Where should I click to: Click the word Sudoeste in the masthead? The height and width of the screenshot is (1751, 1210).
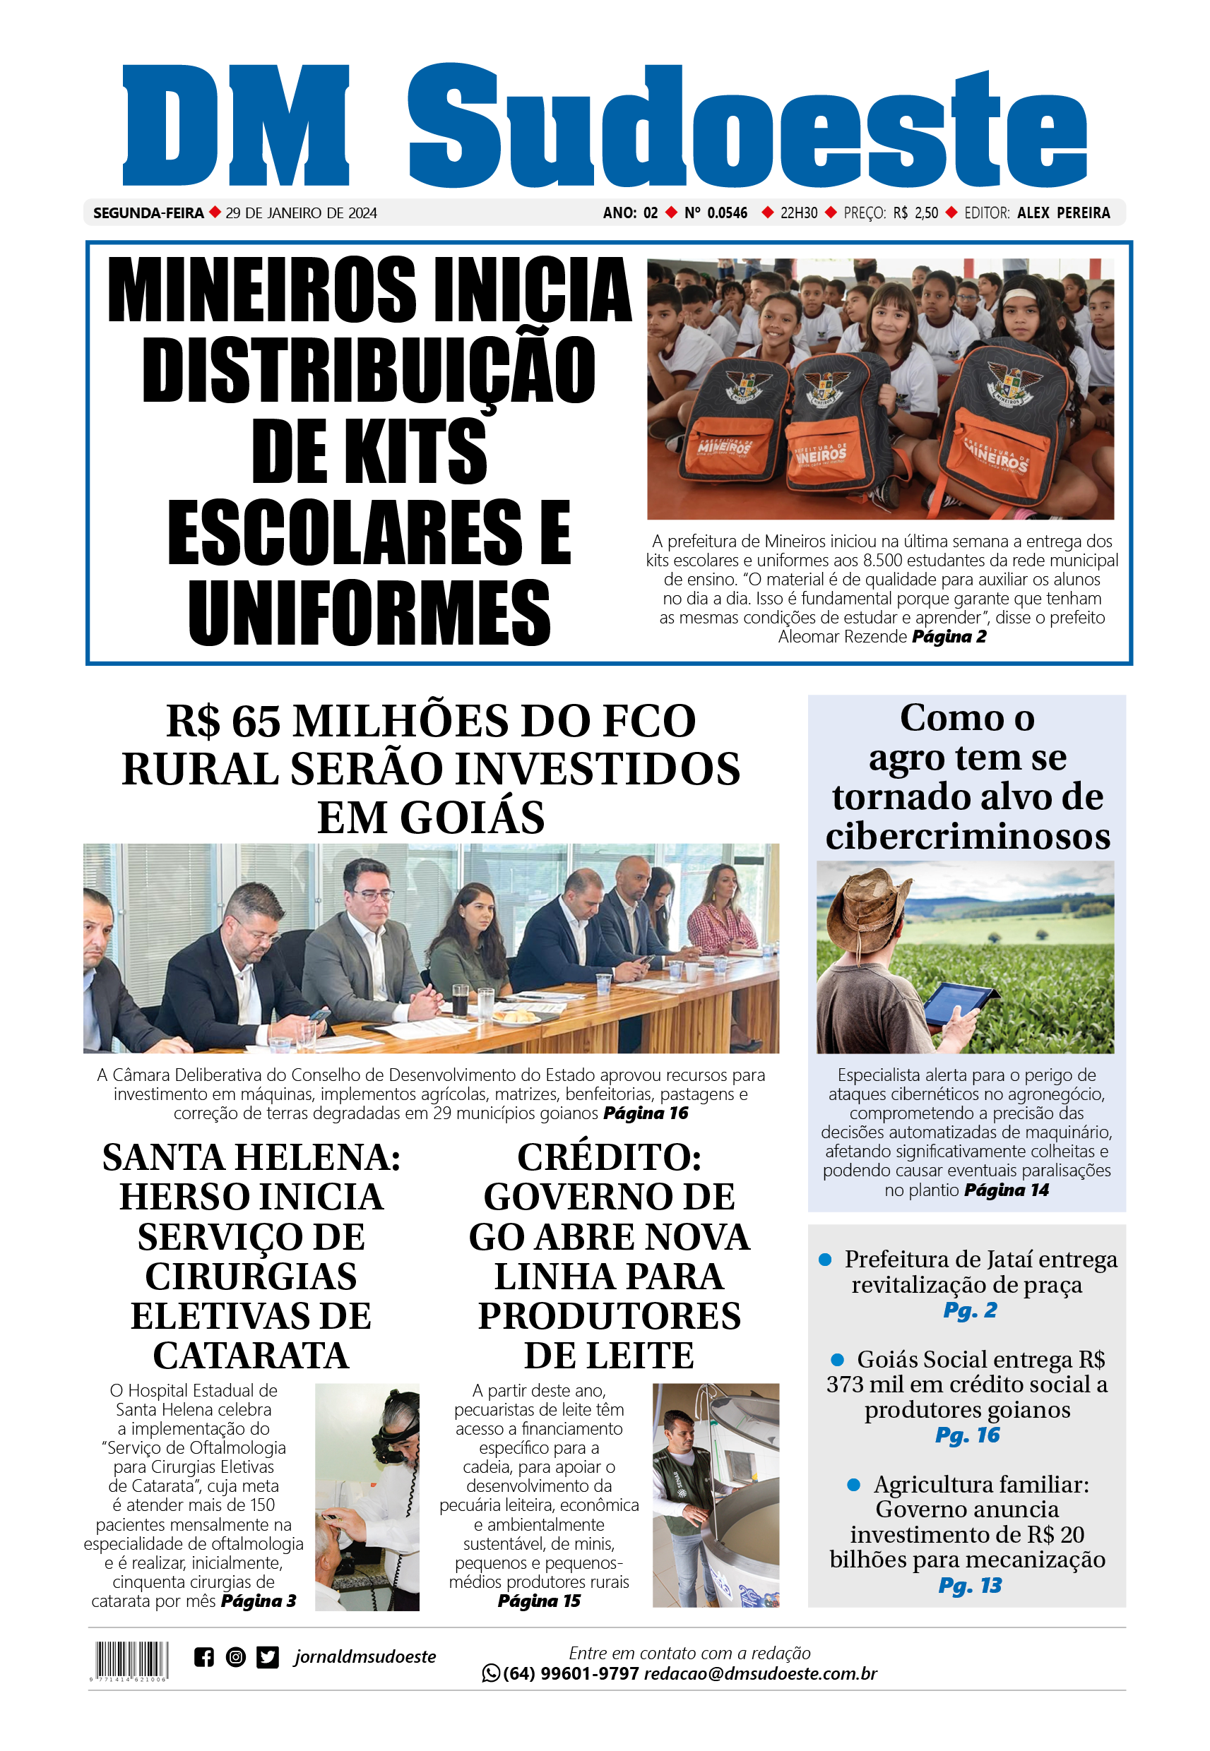(747, 127)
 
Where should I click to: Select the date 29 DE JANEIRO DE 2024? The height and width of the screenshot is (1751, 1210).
(301, 213)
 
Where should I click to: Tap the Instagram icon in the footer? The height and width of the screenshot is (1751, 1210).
(236, 1657)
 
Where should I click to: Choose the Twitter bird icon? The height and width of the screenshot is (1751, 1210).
(268, 1657)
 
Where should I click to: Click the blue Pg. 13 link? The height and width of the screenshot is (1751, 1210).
(970, 1585)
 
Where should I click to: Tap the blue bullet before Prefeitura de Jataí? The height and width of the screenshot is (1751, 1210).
(825, 1260)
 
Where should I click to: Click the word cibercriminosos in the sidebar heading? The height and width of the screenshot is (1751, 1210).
(968, 837)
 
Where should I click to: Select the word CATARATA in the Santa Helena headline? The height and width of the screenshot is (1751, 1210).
(251, 1356)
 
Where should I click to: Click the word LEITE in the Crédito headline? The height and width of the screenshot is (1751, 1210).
(647, 1356)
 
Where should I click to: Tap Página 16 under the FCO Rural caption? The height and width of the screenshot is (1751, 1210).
(645, 1113)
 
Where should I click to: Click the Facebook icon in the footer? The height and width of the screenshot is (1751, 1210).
(203, 1657)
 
